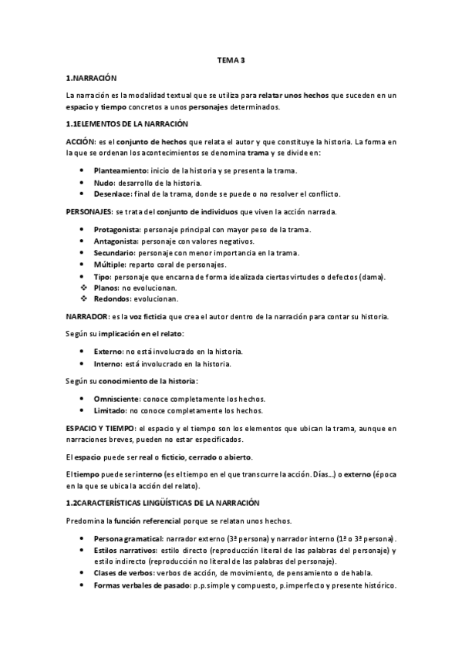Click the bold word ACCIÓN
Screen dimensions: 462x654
(x=80, y=143)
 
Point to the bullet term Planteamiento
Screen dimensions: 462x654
(x=121, y=170)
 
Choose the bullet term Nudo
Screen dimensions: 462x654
(x=103, y=182)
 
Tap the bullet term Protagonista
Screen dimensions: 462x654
(x=118, y=230)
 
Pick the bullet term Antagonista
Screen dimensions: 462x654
(x=116, y=241)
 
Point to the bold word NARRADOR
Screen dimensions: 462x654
(x=86, y=317)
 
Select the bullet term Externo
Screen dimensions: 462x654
(x=109, y=351)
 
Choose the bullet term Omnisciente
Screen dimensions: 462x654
(x=116, y=398)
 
